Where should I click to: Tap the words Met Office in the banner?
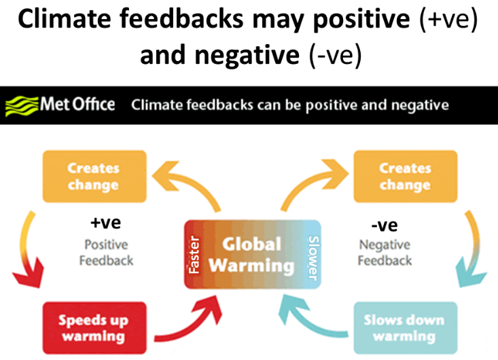[77, 104]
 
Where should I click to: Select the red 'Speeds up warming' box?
[94, 328]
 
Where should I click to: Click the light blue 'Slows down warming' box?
[405, 328]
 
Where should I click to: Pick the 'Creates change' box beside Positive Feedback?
[94, 177]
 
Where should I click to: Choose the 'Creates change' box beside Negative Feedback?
[405, 177]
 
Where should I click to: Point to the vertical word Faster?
[194, 255]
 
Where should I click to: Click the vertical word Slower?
[313, 258]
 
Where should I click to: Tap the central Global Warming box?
[253, 254]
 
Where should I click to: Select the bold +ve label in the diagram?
[106, 223]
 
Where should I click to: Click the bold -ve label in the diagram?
[385, 226]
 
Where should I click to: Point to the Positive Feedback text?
[106, 253]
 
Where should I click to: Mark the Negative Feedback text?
[385, 253]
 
